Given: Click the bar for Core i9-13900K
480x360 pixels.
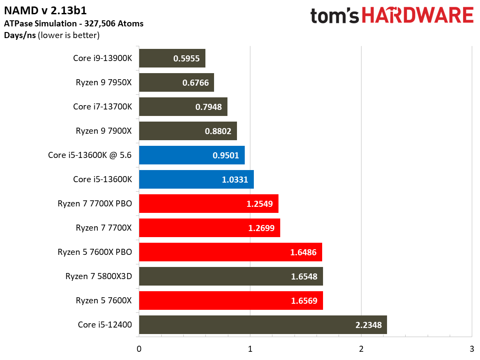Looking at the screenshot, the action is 172,58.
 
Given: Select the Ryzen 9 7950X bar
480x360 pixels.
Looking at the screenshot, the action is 176,82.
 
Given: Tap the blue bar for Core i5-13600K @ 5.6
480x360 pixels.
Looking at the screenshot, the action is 192,155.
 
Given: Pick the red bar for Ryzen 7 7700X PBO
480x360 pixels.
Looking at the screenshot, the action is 209,203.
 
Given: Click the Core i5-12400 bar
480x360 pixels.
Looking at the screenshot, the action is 263,325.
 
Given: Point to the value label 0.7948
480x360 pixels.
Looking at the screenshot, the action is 208,107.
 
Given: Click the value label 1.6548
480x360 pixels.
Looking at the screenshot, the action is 304,276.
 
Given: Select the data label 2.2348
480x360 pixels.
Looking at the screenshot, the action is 368,325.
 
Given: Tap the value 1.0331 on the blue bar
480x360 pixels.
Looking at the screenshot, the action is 235,180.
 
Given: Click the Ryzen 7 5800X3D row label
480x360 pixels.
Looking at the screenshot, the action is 99,276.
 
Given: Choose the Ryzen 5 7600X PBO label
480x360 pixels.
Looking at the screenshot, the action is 95,252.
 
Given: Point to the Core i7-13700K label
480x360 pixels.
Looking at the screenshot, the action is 102,106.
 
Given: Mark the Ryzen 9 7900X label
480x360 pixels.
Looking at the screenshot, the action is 104,131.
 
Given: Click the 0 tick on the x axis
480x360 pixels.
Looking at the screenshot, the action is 139,349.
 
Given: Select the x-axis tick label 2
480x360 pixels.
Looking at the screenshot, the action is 361,349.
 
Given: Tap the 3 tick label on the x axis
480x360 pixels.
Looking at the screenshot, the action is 472,349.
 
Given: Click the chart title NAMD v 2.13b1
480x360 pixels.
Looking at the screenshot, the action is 45,11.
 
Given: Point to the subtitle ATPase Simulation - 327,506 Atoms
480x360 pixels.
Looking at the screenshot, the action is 74,24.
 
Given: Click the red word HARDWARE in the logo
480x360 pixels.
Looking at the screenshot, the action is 418,15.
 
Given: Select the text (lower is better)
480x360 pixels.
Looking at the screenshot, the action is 69,35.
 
